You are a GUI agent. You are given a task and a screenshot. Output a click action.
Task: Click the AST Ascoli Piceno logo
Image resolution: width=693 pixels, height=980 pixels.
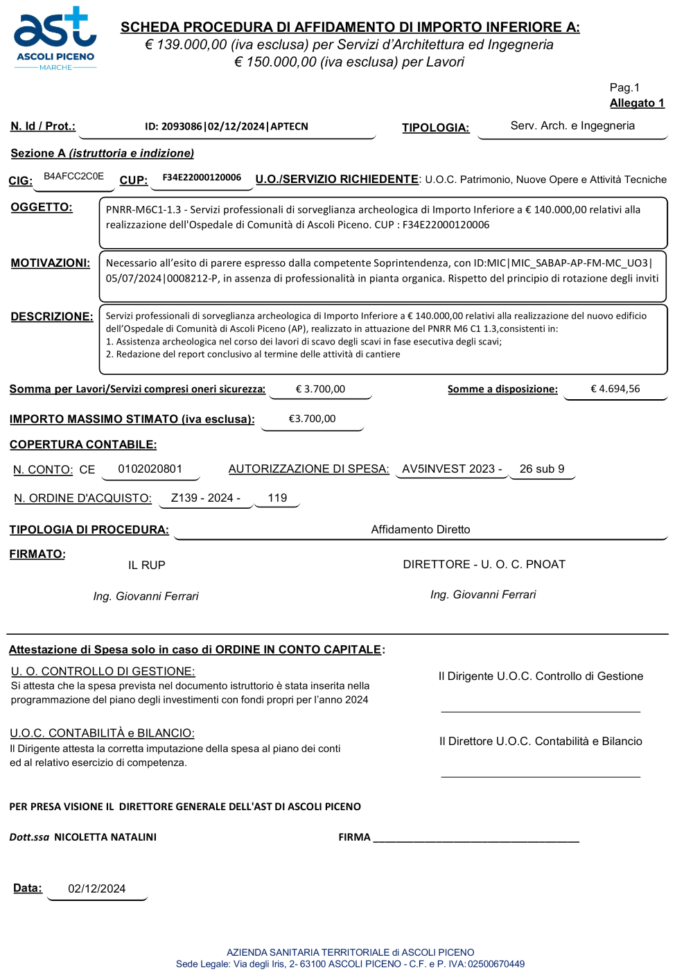click(55, 39)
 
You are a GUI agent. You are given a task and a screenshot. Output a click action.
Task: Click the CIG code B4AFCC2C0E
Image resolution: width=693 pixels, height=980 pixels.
click(73, 177)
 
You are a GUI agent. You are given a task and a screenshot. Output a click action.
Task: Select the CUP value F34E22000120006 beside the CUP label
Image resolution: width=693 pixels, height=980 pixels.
click(202, 177)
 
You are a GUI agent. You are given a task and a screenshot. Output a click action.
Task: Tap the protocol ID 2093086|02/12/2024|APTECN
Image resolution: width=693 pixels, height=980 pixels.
click(226, 127)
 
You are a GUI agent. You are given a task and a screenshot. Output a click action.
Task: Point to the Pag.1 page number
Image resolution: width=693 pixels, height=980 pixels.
click(624, 87)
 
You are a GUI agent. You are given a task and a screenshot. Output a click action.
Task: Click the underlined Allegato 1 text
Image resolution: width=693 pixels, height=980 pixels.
click(637, 103)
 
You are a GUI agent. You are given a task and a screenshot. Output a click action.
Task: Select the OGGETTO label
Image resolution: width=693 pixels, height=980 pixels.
click(42, 207)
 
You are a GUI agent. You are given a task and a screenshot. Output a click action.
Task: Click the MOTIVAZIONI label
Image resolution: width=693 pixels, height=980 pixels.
click(50, 263)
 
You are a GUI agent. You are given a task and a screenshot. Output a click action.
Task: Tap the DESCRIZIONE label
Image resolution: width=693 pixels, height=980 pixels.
click(52, 317)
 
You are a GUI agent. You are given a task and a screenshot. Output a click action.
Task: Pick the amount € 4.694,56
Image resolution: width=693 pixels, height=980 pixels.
click(615, 389)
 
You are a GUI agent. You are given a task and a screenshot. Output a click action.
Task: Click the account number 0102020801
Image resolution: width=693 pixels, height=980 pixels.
click(150, 469)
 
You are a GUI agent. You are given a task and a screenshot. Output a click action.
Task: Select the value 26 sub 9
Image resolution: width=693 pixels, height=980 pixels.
click(542, 469)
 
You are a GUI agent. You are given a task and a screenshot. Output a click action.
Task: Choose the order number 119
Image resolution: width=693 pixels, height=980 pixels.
click(277, 498)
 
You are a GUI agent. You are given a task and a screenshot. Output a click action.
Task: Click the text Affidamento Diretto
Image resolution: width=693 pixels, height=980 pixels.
click(421, 530)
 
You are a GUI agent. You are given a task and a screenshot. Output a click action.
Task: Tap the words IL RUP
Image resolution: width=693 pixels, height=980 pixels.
click(147, 566)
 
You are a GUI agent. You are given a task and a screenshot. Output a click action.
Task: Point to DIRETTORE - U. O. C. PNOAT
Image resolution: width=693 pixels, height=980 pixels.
click(484, 565)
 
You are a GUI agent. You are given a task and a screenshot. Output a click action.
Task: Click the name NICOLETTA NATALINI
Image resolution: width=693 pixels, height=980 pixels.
click(105, 837)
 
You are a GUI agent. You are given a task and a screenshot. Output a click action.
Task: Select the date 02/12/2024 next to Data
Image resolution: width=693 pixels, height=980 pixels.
click(97, 889)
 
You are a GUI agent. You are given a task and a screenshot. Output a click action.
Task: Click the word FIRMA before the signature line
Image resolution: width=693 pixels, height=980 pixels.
click(354, 837)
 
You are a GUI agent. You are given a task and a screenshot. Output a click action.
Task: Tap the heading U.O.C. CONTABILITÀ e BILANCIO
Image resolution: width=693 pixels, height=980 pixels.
click(102, 733)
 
